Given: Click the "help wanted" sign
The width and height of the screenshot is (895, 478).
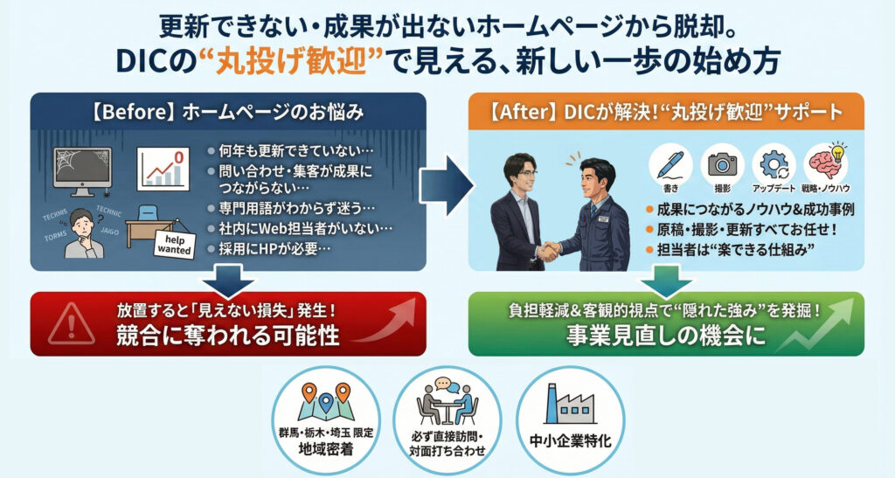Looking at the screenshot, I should pyautogui.click(x=174, y=244).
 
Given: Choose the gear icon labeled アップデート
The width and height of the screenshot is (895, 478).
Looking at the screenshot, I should pyautogui.click(x=774, y=164).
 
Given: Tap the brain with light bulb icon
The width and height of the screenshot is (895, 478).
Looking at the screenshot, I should pyautogui.click(x=826, y=163).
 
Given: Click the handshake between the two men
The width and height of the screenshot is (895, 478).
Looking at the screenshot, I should pyautogui.click(x=550, y=252).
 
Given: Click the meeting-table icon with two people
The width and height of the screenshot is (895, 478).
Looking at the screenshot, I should pyautogui.click(x=447, y=403).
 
